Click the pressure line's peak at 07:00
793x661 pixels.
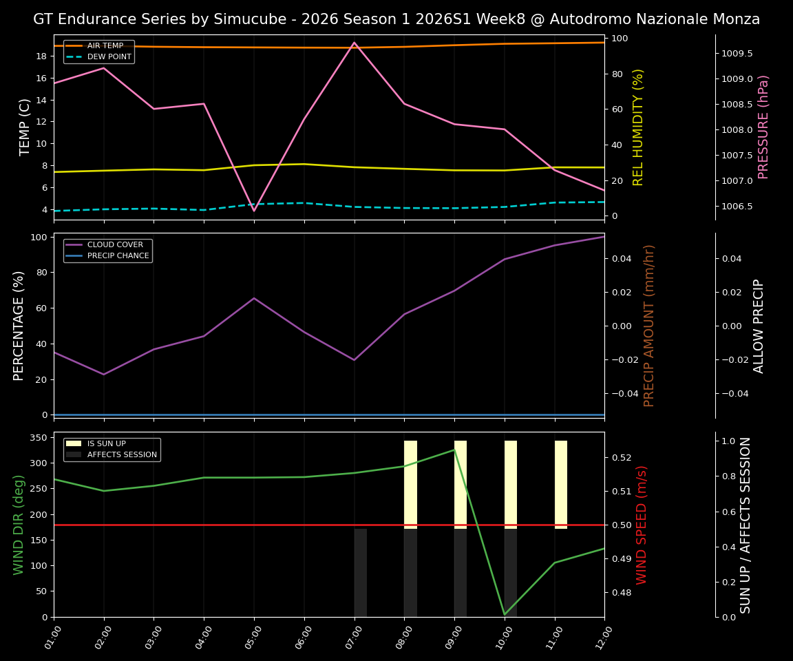[x=355, y=43]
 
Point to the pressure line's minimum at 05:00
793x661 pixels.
[x=254, y=211]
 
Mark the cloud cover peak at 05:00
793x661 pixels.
[x=254, y=298]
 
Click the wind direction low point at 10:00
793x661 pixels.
[x=505, y=614]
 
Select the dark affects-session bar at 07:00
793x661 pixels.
[x=361, y=572]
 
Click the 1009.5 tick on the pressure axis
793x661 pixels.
[x=737, y=54]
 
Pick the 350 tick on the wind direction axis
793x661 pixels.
[x=39, y=438]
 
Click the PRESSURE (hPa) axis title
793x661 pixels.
[x=763, y=127]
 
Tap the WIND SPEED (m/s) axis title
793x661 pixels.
[x=642, y=525]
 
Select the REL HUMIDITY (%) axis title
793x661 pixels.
[x=638, y=127]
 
